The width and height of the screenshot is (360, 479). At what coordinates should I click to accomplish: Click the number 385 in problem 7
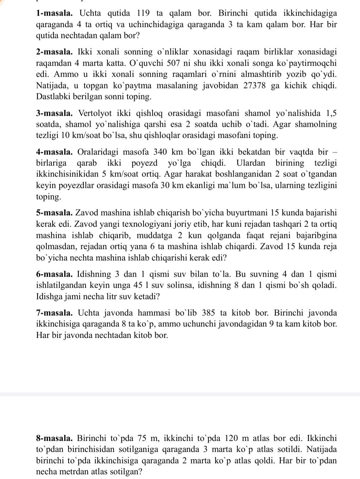(x=209, y=313)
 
